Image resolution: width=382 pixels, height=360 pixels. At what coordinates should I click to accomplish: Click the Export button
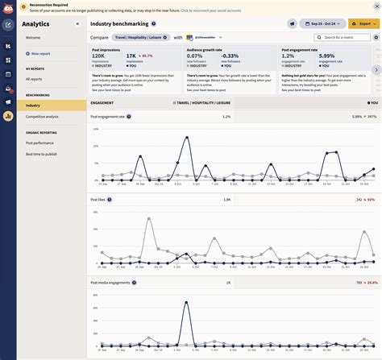click(363, 23)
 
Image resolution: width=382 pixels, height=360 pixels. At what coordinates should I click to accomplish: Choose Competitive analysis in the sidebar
click(42, 117)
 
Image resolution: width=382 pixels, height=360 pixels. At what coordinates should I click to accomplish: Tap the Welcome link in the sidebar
click(33, 37)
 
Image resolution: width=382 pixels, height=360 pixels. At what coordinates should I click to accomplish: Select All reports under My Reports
click(34, 79)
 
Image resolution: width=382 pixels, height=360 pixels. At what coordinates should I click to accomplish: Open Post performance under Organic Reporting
click(39, 143)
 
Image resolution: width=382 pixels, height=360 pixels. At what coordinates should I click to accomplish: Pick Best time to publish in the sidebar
click(41, 154)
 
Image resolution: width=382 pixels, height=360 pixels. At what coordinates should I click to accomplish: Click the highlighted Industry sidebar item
click(33, 106)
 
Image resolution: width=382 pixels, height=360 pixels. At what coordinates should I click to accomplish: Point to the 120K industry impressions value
click(99, 55)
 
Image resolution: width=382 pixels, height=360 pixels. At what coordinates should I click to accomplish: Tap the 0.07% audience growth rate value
click(194, 55)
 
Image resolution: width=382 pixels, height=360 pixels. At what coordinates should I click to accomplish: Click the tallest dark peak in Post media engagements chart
click(187, 303)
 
